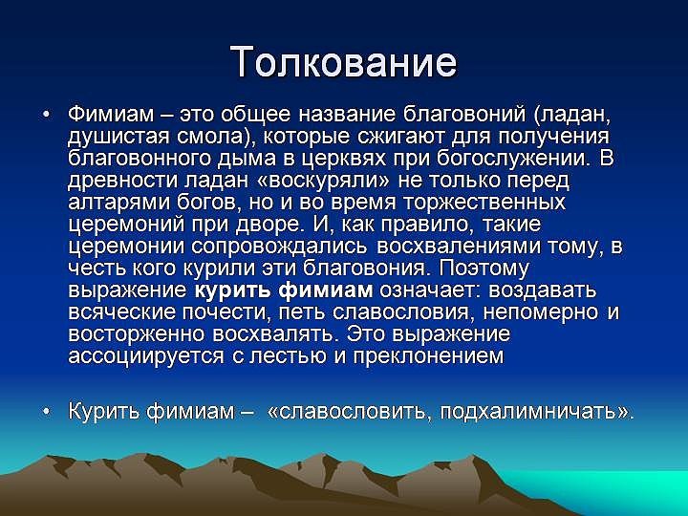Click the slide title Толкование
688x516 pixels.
coord(344,61)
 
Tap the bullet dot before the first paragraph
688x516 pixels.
coord(47,115)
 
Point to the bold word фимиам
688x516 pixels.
coord(326,290)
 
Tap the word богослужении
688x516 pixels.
coord(511,159)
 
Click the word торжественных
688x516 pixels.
coord(484,203)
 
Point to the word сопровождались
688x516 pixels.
coord(278,247)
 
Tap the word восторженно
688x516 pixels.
coord(136,334)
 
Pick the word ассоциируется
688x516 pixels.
coord(145,356)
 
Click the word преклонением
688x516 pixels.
coord(428,356)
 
